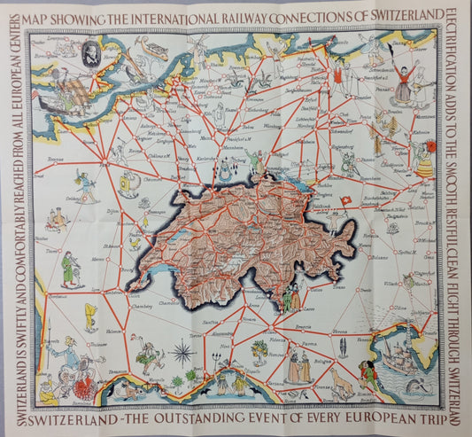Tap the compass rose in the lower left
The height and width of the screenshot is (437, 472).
point(184,353)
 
